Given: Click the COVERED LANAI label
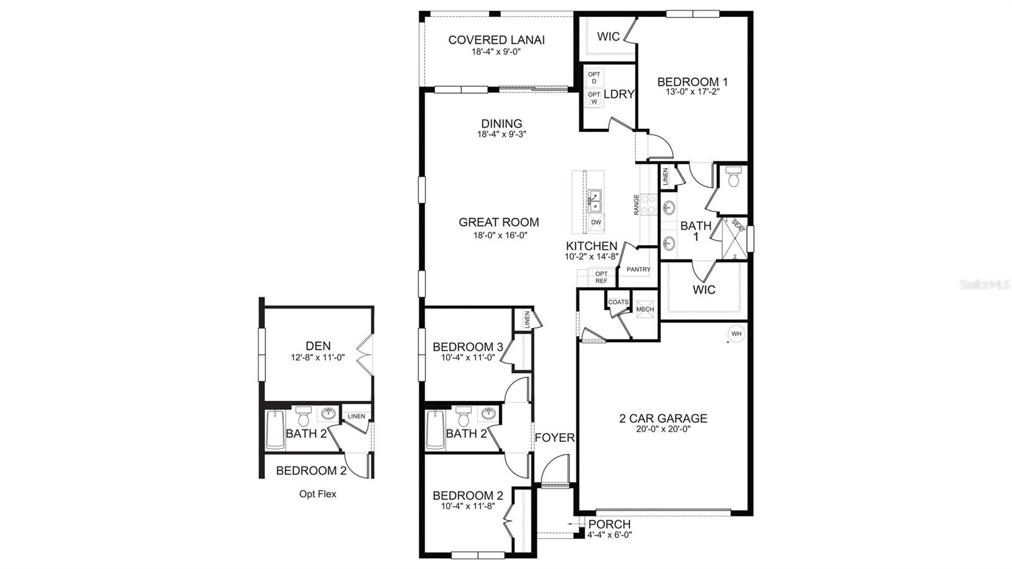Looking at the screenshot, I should click(496, 40).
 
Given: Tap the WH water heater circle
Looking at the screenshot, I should click(736, 333).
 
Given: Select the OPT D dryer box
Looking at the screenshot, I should click(594, 78).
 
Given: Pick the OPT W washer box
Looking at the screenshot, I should click(594, 98).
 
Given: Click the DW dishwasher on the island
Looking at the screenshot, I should click(596, 223).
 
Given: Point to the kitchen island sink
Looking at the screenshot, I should click(595, 202).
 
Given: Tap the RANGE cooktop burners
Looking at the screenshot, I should click(648, 204).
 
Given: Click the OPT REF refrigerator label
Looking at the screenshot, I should click(601, 277).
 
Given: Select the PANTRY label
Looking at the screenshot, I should click(638, 269).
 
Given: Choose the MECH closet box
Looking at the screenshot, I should click(645, 309).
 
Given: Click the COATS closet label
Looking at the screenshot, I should click(618, 302).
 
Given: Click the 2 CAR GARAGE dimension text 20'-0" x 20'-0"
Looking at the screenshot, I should click(663, 429).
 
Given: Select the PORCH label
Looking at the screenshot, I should click(609, 524).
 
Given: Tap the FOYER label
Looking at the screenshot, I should click(555, 437).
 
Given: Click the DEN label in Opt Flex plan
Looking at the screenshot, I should click(318, 346).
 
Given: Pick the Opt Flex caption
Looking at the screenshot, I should click(318, 494).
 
